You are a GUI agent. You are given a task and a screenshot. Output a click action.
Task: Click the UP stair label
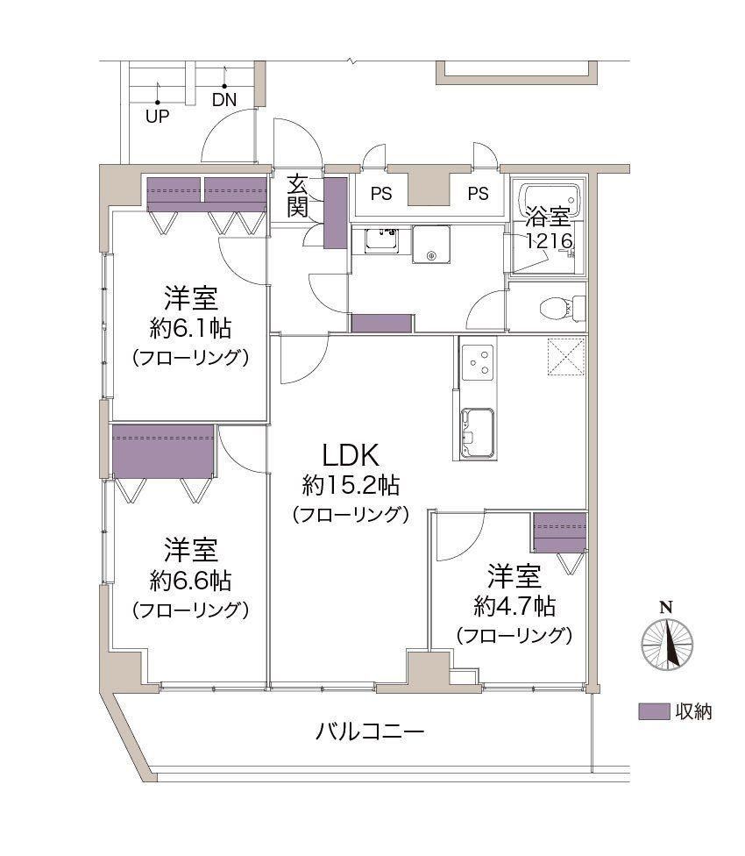157,117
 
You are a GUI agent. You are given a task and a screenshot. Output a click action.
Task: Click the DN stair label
224,100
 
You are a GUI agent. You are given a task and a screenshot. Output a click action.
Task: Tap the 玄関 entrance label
298,196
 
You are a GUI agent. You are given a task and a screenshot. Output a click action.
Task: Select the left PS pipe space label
381,194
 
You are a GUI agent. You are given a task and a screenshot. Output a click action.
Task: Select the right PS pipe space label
478,194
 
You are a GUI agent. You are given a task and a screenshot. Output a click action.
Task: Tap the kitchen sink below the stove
479,432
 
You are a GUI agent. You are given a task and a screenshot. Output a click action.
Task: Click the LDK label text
351,454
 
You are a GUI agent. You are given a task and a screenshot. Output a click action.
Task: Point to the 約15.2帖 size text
351,485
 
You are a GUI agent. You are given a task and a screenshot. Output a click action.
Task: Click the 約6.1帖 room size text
190,329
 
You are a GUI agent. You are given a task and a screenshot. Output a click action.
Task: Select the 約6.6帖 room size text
190,581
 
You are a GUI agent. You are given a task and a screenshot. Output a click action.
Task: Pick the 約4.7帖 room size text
514,606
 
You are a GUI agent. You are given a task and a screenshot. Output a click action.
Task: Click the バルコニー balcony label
370,731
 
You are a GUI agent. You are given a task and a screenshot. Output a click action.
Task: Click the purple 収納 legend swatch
654,711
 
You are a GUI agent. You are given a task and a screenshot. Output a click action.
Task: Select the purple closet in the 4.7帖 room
559,533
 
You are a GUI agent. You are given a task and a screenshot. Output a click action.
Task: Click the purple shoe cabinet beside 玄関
336,213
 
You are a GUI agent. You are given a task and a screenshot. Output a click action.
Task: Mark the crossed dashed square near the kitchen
566,357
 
